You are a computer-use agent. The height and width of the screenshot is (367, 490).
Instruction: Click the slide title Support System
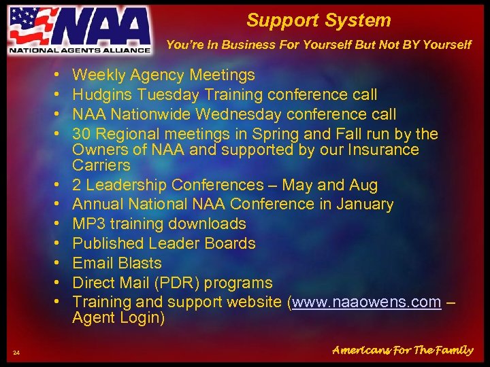tap(318, 20)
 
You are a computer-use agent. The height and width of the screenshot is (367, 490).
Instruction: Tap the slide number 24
tap(16, 351)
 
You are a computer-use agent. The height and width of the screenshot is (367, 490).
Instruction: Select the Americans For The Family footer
tap(402, 351)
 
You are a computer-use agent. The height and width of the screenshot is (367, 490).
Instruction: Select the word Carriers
tap(101, 165)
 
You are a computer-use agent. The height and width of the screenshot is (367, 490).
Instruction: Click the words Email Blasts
tap(117, 263)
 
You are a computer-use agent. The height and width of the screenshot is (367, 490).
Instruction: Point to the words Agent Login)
tap(118, 318)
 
